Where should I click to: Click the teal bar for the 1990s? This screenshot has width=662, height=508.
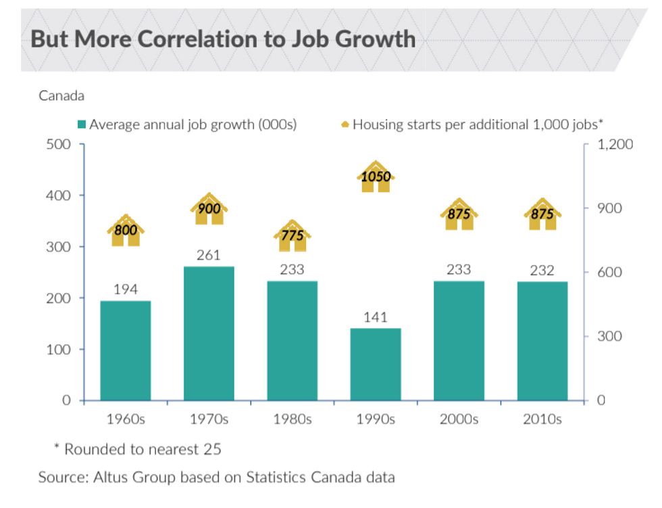pyautogui.click(x=376, y=364)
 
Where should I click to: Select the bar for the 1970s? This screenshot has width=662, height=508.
pyautogui.click(x=209, y=333)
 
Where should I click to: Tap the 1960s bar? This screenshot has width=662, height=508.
pyautogui.click(x=126, y=350)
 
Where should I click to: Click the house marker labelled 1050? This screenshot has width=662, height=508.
pyautogui.click(x=376, y=177)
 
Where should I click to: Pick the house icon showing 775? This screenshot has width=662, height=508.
pyautogui.click(x=292, y=235)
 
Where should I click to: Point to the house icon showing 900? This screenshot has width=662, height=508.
pyautogui.click(x=209, y=209)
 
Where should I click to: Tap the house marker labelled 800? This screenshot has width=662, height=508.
pyautogui.click(x=126, y=231)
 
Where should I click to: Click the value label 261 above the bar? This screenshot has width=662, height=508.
pyautogui.click(x=209, y=256)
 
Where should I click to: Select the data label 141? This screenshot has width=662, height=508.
pyautogui.click(x=376, y=317)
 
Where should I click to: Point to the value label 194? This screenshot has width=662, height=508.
pyautogui.click(x=126, y=290)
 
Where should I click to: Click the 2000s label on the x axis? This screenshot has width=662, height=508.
pyautogui.click(x=459, y=419)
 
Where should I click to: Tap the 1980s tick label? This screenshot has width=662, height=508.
pyautogui.click(x=292, y=419)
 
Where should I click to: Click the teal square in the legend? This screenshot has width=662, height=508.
pyautogui.click(x=82, y=124)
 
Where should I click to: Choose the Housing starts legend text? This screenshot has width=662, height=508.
pyautogui.click(x=477, y=124)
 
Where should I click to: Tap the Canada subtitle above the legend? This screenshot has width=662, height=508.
pyautogui.click(x=61, y=95)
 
